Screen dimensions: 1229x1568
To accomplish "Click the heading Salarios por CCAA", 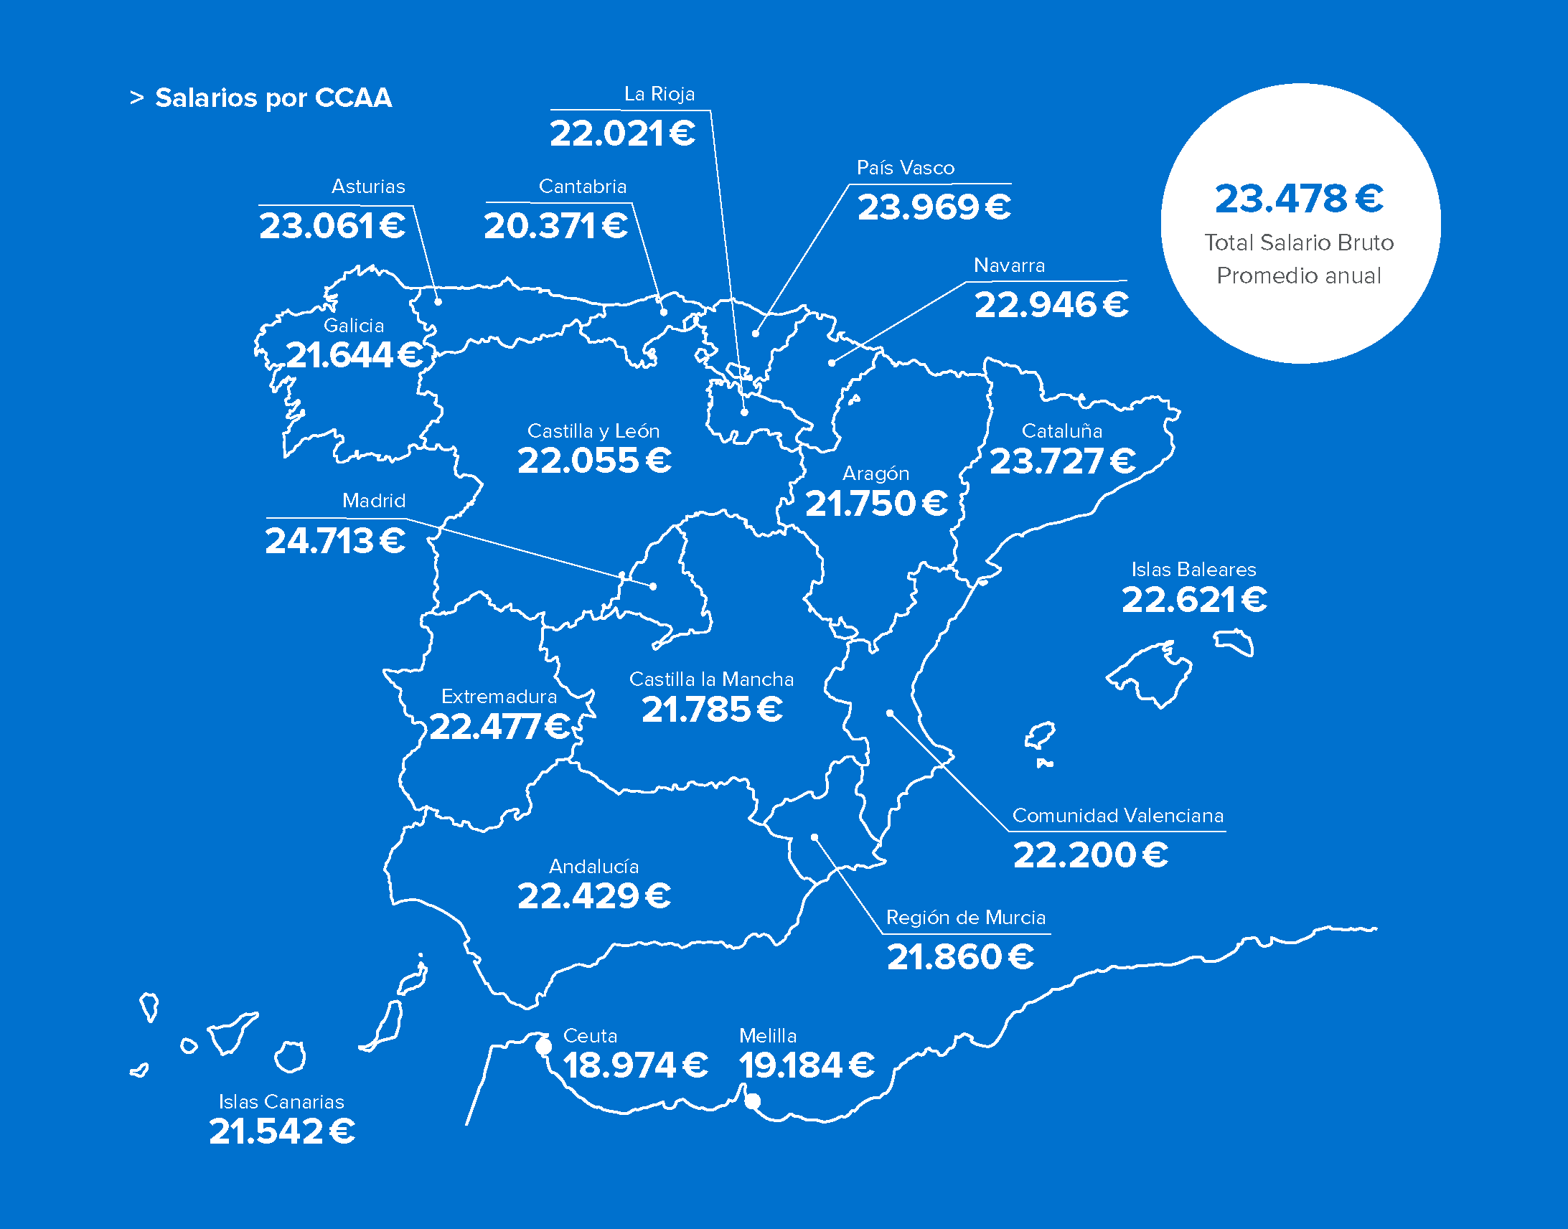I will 273,98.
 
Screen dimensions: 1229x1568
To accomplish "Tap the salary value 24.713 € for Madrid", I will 335,541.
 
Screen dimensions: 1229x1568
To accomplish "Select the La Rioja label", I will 659,94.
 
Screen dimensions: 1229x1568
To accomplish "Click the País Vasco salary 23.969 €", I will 934,208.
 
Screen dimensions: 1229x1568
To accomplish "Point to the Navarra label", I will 1009,265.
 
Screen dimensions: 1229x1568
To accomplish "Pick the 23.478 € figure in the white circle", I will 1299,199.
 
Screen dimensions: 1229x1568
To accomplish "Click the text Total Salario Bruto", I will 1299,242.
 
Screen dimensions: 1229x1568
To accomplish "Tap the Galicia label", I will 353,326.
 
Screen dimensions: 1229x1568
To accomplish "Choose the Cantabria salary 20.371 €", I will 555,227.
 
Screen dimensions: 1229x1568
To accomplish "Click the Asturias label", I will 367,187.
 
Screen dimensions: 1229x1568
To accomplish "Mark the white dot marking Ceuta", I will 544,1047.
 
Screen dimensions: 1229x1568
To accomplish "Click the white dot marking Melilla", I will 752,1101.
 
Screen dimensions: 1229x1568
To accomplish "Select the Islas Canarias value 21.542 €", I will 282,1132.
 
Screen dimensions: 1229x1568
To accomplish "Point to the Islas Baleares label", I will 1193,570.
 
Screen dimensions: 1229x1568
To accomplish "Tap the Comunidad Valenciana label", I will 1117,816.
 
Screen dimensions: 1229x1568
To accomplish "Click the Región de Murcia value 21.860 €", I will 960,957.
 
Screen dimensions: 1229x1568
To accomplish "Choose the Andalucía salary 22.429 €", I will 594,897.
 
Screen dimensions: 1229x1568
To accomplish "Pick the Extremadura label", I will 499,697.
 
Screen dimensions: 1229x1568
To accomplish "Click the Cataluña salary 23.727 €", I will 1063,462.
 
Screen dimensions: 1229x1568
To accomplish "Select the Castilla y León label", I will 593,431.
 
